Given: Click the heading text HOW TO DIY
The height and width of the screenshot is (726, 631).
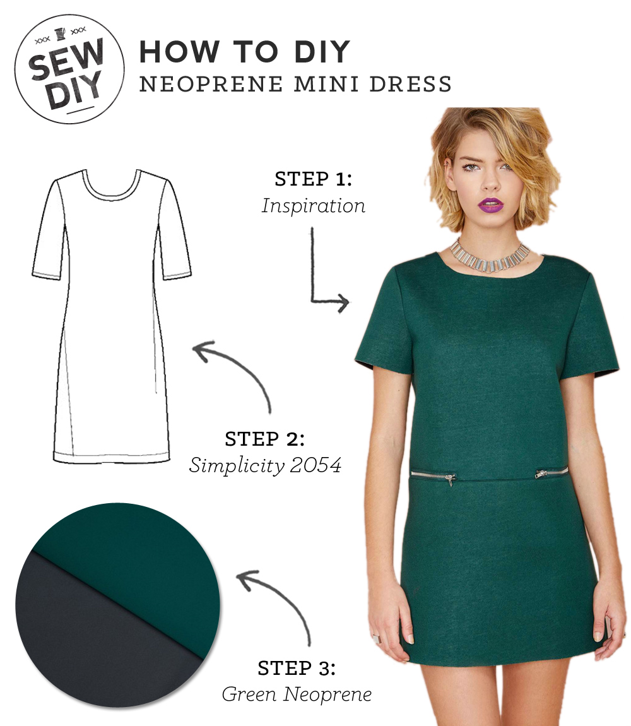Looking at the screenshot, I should pos(245,52).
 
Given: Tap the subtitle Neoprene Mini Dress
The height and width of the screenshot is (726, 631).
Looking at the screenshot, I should pos(295,84).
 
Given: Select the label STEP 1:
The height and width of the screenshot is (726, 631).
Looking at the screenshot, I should pos(313,179).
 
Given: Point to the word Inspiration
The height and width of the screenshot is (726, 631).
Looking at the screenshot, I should pos(313,206).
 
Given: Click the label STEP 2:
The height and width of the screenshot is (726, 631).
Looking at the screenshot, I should pos(264,439).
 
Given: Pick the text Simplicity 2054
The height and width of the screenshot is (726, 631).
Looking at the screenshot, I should pos(265,466).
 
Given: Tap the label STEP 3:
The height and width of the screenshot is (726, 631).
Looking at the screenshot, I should pos(297,668).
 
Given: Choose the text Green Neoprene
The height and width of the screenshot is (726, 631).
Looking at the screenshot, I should pos(297,694).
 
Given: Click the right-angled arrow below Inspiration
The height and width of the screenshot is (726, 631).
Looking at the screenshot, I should pos(325,278).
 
